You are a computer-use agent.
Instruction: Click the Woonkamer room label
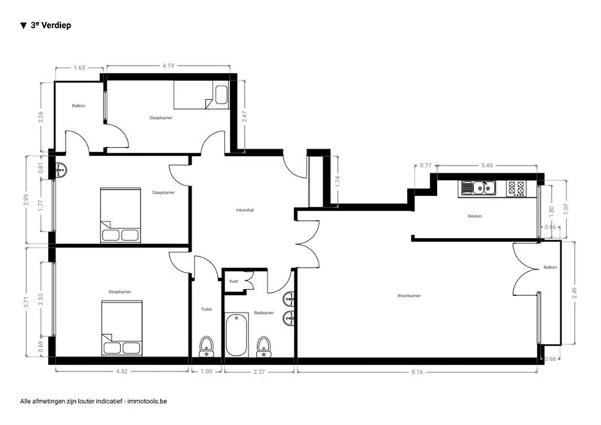(409, 296)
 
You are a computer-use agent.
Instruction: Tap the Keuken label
(475, 216)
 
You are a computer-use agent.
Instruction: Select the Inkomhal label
(245, 210)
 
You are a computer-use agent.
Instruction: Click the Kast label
(234, 281)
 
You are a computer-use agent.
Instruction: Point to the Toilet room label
(206, 309)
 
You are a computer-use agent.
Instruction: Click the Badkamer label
(264, 312)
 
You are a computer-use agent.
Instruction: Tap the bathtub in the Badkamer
(236, 335)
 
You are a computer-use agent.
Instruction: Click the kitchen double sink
(479, 188)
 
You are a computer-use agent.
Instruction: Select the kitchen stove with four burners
(516, 188)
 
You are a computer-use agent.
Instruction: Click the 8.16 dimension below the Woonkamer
(417, 372)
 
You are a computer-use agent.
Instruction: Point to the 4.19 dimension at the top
(168, 65)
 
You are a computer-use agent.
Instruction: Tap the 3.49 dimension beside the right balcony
(574, 293)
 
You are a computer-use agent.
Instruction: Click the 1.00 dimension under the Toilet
(206, 372)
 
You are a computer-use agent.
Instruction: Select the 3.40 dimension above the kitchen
(487, 165)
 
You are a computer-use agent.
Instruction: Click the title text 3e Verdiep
(50, 26)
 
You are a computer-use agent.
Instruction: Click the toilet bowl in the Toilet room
(207, 346)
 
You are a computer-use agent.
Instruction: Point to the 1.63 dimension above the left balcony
(79, 68)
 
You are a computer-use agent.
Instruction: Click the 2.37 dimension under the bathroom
(259, 372)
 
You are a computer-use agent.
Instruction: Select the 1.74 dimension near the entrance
(337, 181)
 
